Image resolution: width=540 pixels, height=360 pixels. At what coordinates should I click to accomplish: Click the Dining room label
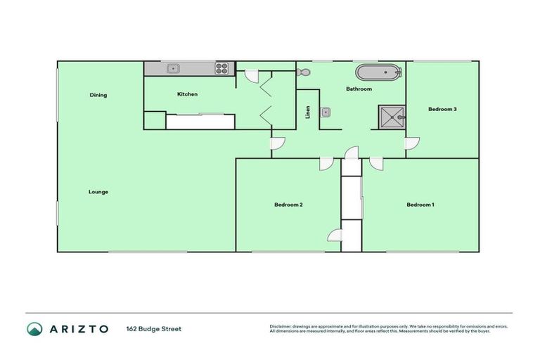(x=98, y=95)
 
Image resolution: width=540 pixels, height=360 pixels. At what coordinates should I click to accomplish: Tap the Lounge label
(x=98, y=191)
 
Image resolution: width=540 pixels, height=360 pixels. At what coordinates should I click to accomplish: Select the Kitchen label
(x=187, y=94)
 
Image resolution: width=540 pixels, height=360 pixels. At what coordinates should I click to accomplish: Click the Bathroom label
(x=359, y=89)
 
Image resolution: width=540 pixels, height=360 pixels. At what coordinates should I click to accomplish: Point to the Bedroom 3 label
(x=443, y=109)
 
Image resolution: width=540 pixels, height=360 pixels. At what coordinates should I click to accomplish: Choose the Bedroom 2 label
(x=288, y=205)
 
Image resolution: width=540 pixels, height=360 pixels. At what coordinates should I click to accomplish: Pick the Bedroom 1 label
(x=420, y=205)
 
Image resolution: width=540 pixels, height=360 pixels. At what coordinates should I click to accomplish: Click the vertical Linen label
(x=307, y=112)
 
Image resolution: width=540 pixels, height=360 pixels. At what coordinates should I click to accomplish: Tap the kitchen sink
(x=172, y=68)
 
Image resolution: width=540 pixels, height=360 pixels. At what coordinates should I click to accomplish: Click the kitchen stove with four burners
(x=222, y=68)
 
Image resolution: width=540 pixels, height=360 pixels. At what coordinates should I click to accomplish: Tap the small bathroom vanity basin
(x=326, y=112)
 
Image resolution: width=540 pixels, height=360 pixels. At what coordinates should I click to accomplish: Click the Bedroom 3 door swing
(x=412, y=143)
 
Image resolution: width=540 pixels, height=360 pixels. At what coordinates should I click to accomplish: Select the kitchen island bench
(x=200, y=121)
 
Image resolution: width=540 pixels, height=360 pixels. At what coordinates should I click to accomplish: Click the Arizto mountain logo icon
(x=34, y=328)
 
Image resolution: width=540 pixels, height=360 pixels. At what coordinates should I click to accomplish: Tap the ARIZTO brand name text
(x=78, y=328)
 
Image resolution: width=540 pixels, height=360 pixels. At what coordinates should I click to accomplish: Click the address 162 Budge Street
(x=153, y=328)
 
